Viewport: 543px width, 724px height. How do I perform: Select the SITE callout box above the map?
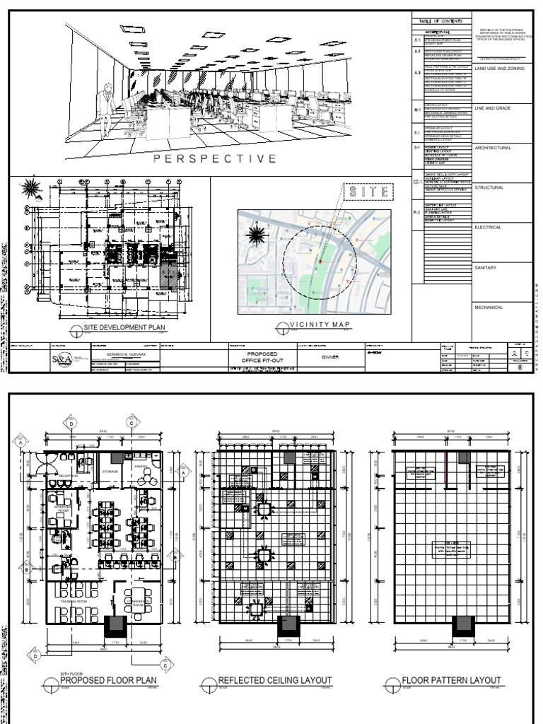(366, 192)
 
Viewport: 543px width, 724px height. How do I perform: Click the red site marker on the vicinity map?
(320, 261)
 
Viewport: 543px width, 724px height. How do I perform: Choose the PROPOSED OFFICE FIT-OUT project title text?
(261, 356)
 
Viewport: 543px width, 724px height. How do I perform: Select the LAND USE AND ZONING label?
(501, 69)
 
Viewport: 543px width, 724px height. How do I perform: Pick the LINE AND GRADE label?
(493, 108)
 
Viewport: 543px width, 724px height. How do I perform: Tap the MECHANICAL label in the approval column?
(489, 307)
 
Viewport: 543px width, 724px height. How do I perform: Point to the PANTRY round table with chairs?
(144, 477)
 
